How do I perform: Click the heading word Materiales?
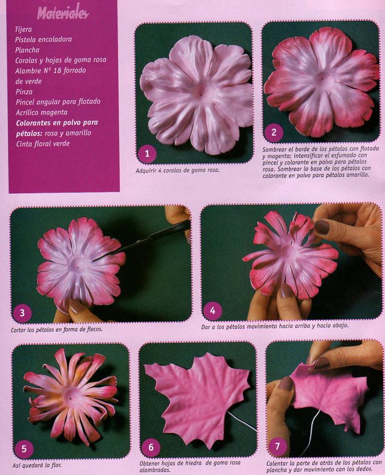pos(63,13)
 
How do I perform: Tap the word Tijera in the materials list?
pos(23,29)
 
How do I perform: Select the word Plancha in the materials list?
pos(27,50)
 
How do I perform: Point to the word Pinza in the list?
pos(24,91)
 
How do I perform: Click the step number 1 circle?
pos(147,154)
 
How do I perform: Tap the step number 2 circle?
pos(274,132)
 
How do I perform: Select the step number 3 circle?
pos(22,312)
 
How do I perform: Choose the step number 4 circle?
pos(212,310)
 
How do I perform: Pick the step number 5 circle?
pos(23,449)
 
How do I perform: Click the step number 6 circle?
pos(151,447)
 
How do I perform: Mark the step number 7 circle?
pos(277,446)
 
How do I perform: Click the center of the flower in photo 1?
pos(200,93)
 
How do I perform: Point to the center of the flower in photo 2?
pos(323,80)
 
